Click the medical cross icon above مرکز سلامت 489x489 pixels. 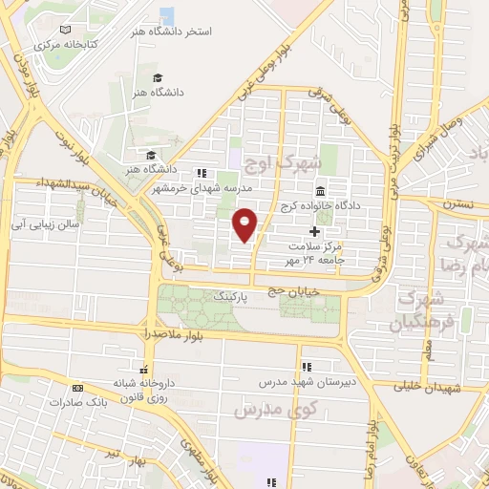click(315, 231)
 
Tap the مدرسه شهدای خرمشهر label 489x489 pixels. click(195, 188)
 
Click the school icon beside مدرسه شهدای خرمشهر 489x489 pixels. click(202, 173)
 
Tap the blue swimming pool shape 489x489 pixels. click(167, 16)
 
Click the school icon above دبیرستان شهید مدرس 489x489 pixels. click(306, 367)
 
